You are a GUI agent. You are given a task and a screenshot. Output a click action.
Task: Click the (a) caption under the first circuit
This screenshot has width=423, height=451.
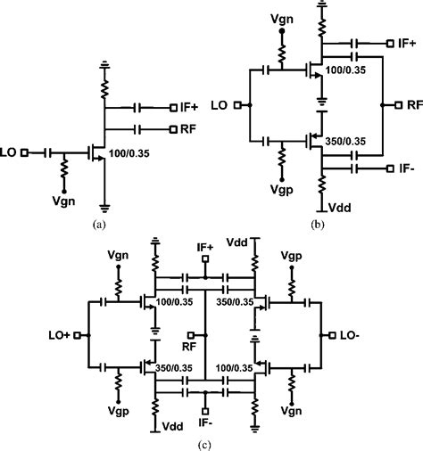point(99,225)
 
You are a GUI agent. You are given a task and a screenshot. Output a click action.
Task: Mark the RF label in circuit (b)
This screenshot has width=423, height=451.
point(414,104)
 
